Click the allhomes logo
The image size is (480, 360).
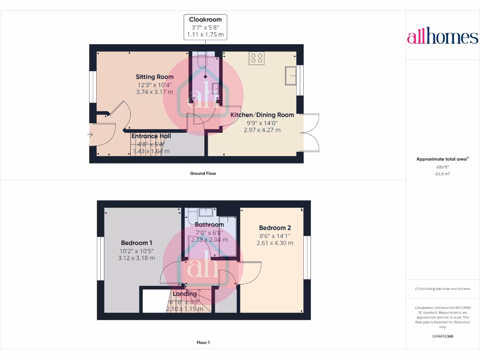(x=442, y=37)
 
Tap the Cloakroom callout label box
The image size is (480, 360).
(x=205, y=27)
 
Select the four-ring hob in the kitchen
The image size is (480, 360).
(x=256, y=58)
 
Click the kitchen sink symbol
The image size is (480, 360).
(x=291, y=75)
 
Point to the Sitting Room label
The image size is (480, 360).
(x=155, y=77)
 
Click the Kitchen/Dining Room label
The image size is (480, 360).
(x=262, y=115)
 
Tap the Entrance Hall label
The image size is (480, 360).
(x=151, y=136)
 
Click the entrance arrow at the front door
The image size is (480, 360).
(x=90, y=135)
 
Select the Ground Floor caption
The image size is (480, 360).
(x=203, y=173)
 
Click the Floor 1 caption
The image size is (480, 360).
(x=203, y=343)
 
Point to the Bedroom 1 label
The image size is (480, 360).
(x=136, y=243)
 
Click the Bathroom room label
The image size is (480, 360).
(x=210, y=225)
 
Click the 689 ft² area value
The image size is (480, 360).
(x=442, y=167)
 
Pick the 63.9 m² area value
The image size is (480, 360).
(x=442, y=173)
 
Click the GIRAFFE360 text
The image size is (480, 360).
(x=442, y=336)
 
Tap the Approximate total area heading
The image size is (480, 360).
(x=442, y=159)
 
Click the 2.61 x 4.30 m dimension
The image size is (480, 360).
(x=275, y=243)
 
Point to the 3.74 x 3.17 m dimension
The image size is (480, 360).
(x=155, y=92)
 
